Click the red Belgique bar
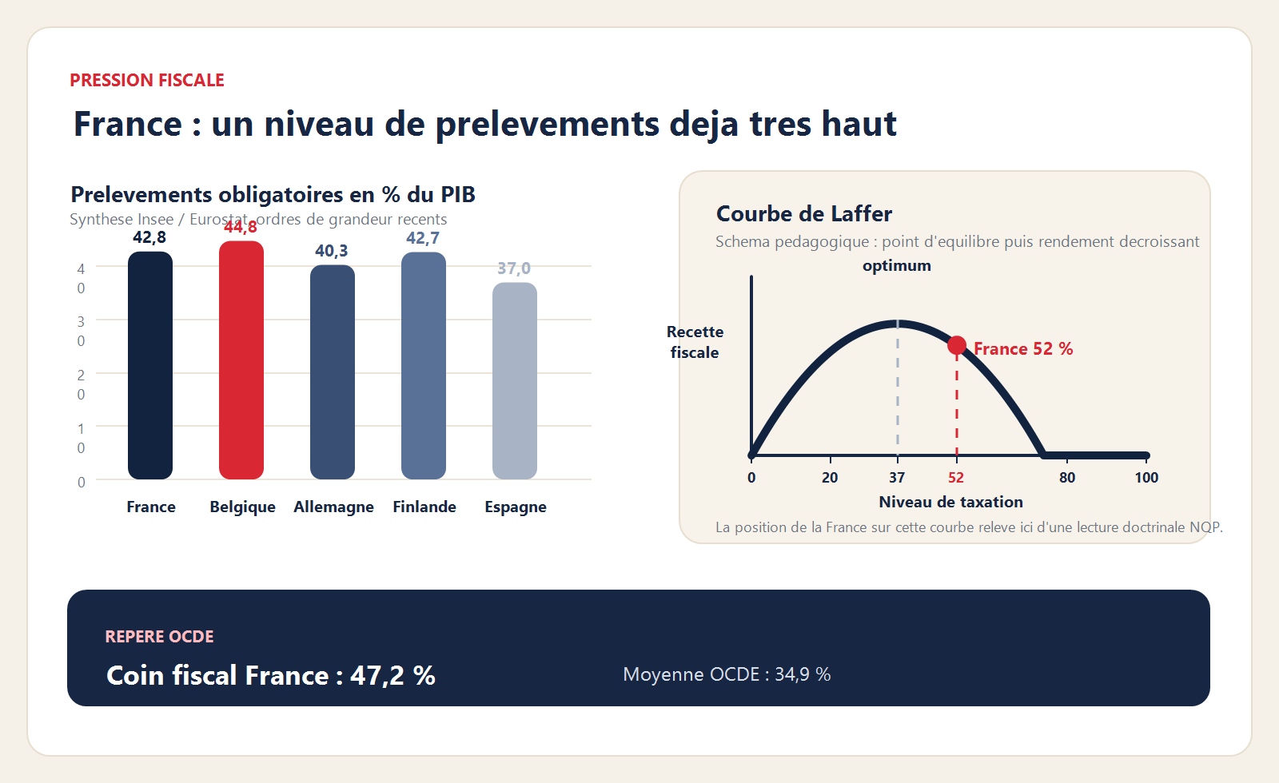241,360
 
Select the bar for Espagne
515,381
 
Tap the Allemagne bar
333,372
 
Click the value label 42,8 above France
149,237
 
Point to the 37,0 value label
514,268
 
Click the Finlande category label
424,507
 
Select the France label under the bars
151,507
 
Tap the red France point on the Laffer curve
957,345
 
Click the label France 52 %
1023,349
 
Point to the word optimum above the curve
897,265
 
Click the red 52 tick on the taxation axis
956,478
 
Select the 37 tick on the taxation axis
897,478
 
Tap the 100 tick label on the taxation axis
1146,478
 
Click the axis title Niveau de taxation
950,502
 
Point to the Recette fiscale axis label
695,342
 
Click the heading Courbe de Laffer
804,214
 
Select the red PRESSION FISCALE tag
147,81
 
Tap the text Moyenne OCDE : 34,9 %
727,674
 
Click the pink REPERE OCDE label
160,637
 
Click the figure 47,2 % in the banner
392,676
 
